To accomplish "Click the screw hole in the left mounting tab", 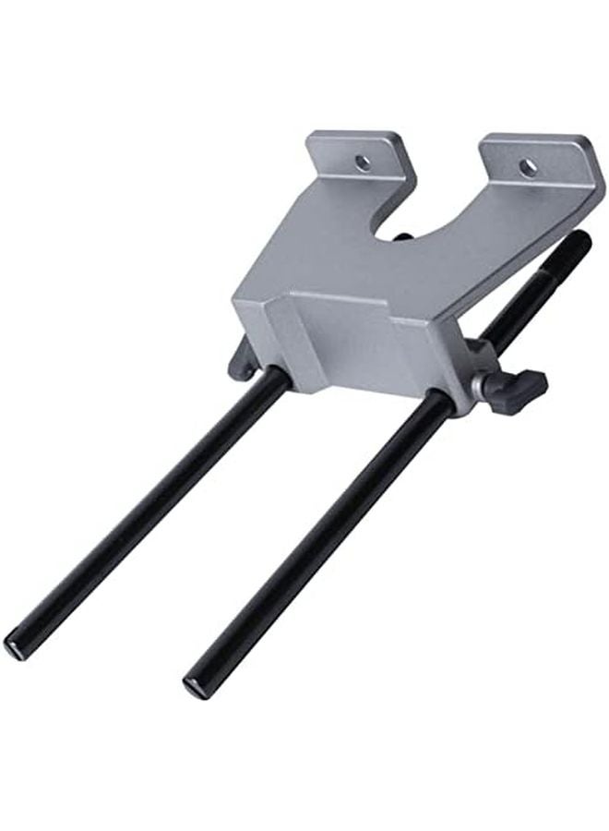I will (363, 163).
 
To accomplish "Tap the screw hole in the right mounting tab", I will (528, 167).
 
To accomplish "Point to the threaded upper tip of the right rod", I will (577, 246).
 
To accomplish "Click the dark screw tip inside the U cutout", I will (402, 238).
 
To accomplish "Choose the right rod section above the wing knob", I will (535, 295).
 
